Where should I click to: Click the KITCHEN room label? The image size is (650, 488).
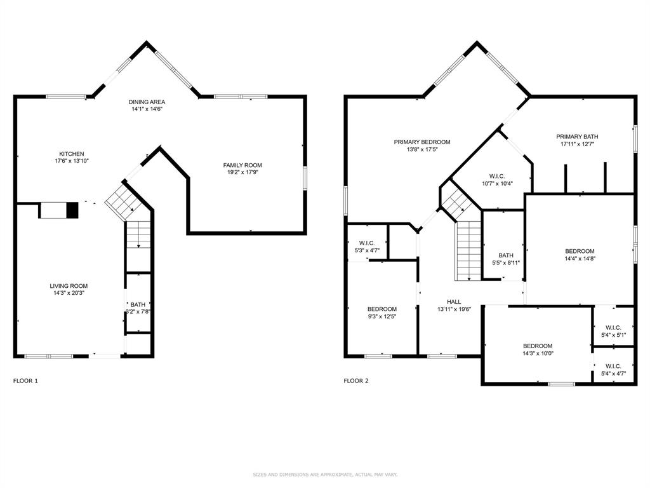[72, 154]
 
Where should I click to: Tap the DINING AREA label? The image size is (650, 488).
[147, 102]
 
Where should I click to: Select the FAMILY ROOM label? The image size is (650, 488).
[242, 165]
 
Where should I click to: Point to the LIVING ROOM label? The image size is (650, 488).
[69, 286]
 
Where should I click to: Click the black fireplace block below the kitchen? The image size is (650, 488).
[72, 210]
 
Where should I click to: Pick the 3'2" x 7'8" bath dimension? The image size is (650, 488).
[138, 312]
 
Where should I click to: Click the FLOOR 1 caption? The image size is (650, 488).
[26, 381]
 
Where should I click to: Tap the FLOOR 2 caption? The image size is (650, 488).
[356, 381]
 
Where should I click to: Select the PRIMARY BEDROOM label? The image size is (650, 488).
[422, 142]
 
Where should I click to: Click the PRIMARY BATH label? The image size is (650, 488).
[577, 137]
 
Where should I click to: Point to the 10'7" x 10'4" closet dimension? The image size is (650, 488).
[497, 184]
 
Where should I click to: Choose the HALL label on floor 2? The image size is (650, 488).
[454, 302]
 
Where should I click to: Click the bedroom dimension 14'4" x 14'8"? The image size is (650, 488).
[580, 259]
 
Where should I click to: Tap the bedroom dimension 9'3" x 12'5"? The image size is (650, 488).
[381, 316]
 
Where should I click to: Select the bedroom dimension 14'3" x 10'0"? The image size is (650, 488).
[538, 354]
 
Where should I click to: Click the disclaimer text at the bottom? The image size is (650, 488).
[325, 474]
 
